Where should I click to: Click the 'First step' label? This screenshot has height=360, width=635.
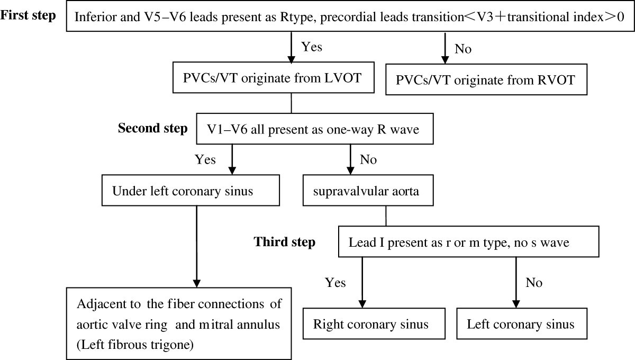click(x=28, y=15)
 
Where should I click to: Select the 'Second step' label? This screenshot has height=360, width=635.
click(x=152, y=129)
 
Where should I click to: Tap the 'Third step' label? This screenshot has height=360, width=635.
click(x=285, y=242)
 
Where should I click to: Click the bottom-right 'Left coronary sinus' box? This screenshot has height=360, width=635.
click(x=520, y=323)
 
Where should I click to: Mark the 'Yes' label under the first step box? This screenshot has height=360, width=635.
click(x=311, y=47)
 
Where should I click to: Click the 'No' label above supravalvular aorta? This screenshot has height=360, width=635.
click(x=368, y=159)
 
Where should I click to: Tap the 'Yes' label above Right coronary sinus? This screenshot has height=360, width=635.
click(x=335, y=283)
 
